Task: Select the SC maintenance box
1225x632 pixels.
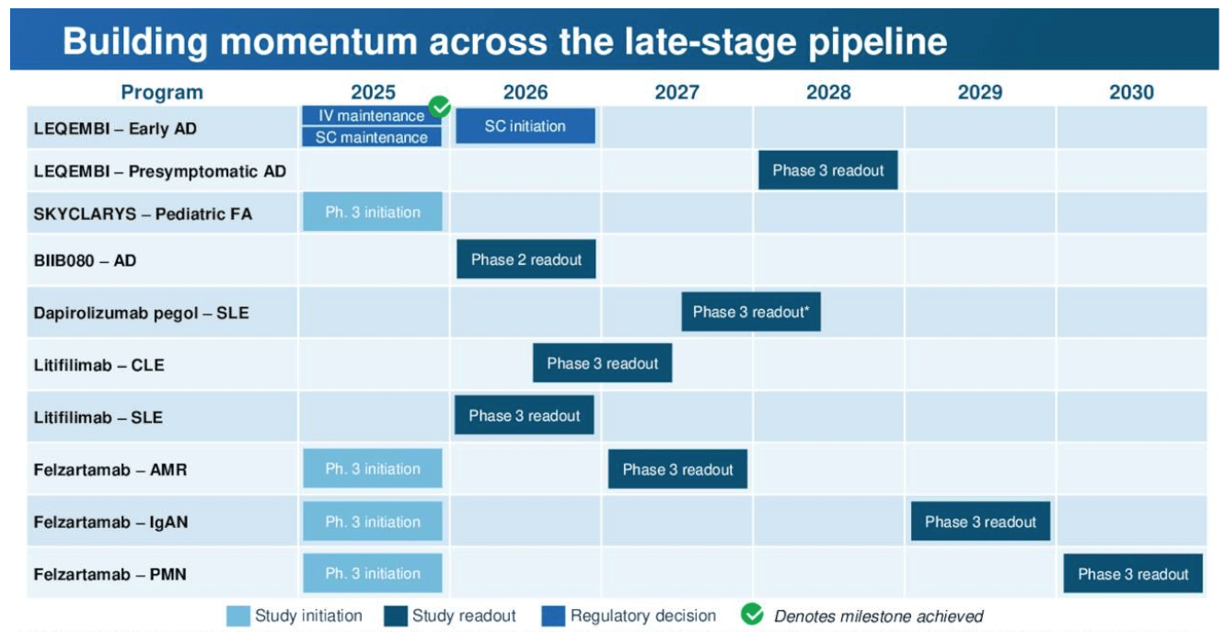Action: coord(371,137)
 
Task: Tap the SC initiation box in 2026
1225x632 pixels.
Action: coord(525,126)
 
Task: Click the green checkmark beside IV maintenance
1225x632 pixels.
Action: coord(441,108)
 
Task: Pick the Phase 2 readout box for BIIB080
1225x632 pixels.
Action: coord(526,259)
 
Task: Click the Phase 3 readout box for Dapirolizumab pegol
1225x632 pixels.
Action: coord(750,312)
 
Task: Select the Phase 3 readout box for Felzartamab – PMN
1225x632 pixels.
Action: coord(1133,574)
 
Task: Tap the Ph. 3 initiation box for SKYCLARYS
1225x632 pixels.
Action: coord(372,213)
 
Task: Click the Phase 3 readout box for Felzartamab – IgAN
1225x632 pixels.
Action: coord(980,522)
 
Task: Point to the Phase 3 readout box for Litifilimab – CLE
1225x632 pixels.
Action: coord(602,363)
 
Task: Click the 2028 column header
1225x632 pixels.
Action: coord(827,92)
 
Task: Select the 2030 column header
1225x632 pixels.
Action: coord(1131,92)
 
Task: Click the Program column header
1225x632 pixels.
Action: coord(162,92)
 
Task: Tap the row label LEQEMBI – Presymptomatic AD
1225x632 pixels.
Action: coord(159,171)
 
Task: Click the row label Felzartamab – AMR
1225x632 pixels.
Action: coord(110,470)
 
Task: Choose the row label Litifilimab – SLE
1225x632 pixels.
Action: coord(98,418)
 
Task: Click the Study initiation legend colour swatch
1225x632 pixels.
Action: coord(237,616)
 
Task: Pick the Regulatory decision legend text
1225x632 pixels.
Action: coord(642,616)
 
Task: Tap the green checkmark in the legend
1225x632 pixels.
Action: coord(752,615)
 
